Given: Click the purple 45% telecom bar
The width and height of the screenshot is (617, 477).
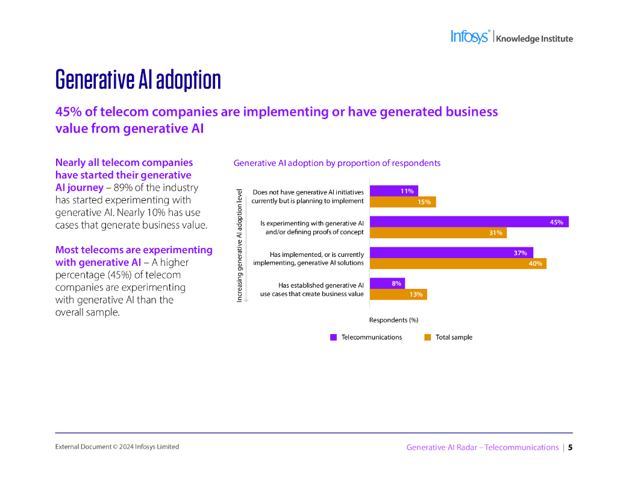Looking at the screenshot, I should pyautogui.click(x=469, y=222).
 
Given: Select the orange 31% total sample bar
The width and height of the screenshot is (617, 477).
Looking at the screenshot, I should pyautogui.click(x=438, y=233).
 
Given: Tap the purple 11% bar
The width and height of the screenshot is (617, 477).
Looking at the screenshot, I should pyautogui.click(x=393, y=191).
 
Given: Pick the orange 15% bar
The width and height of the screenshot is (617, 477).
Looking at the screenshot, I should pyautogui.click(x=402, y=202).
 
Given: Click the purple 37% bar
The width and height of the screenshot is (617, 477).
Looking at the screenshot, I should pyautogui.click(x=451, y=253).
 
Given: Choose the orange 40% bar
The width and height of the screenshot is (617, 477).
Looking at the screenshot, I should pyautogui.click(x=458, y=264).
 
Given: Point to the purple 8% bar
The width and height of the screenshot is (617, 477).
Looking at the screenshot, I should pyautogui.click(x=387, y=283).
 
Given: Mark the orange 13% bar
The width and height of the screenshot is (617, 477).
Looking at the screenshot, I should pyautogui.click(x=398, y=294).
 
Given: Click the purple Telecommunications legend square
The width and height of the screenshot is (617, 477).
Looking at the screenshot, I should pyautogui.click(x=333, y=338).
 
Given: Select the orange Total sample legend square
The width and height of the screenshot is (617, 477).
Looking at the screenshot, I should pyautogui.click(x=427, y=338).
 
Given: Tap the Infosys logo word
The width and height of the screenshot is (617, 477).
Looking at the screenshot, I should pyautogui.click(x=470, y=37).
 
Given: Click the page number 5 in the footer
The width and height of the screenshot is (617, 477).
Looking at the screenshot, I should pyautogui.click(x=570, y=447).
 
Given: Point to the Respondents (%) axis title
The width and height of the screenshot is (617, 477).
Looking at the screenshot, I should pyautogui.click(x=393, y=320).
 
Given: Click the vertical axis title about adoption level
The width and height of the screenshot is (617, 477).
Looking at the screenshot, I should pyautogui.click(x=240, y=244).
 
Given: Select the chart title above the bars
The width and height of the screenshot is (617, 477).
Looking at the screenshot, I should pyautogui.click(x=337, y=163).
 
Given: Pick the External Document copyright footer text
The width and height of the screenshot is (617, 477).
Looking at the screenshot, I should pyautogui.click(x=117, y=447).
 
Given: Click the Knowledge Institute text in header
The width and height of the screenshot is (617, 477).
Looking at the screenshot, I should pyautogui.click(x=534, y=39).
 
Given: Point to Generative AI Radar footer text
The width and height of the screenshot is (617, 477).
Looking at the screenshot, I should pyautogui.click(x=482, y=447).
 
